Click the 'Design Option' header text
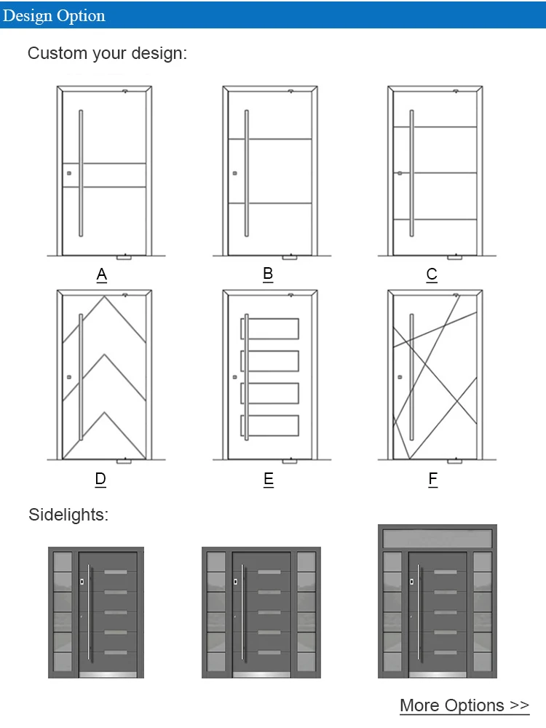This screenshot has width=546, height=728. click(x=54, y=15)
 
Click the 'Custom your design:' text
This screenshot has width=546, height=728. click(x=107, y=53)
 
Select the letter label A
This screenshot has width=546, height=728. click(x=102, y=275)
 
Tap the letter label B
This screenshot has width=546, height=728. click(x=268, y=274)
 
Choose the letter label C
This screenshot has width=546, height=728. click(x=432, y=275)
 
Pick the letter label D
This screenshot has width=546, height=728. click(x=100, y=479)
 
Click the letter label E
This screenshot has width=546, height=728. click(x=269, y=479)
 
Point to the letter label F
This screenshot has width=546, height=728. click(x=433, y=479)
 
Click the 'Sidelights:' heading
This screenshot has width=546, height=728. click(x=68, y=515)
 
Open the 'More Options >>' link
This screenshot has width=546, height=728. click(x=464, y=705)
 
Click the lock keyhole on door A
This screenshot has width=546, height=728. click(x=68, y=174)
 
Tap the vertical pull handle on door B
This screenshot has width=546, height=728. click(x=247, y=173)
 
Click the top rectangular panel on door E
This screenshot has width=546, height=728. click(x=270, y=329)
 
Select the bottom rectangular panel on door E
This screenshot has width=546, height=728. click(x=270, y=425)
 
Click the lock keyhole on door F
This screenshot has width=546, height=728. click(x=399, y=377)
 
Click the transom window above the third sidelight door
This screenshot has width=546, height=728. click(x=437, y=538)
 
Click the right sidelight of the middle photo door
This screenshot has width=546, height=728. click(x=306, y=612)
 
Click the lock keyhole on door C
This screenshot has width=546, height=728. click(x=399, y=173)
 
